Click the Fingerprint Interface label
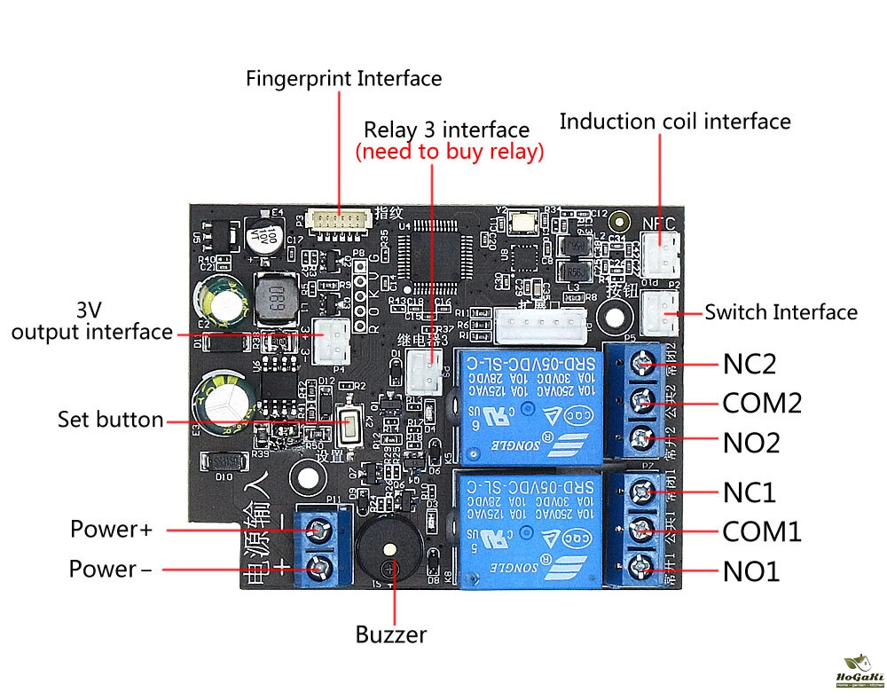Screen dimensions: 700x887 tap(343, 78)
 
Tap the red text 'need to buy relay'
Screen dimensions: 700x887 tap(450, 152)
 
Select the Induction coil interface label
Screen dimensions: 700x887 tap(675, 121)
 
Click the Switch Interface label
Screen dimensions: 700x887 tap(781, 311)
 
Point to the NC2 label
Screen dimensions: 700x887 tap(750, 365)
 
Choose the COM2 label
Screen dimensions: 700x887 tap(762, 404)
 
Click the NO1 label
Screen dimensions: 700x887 tap(750, 571)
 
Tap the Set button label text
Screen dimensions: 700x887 tap(111, 419)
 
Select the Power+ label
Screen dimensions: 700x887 tap(112, 530)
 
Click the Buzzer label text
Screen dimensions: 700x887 tap(391, 634)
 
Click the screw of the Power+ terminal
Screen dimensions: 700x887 tap(318, 531)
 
